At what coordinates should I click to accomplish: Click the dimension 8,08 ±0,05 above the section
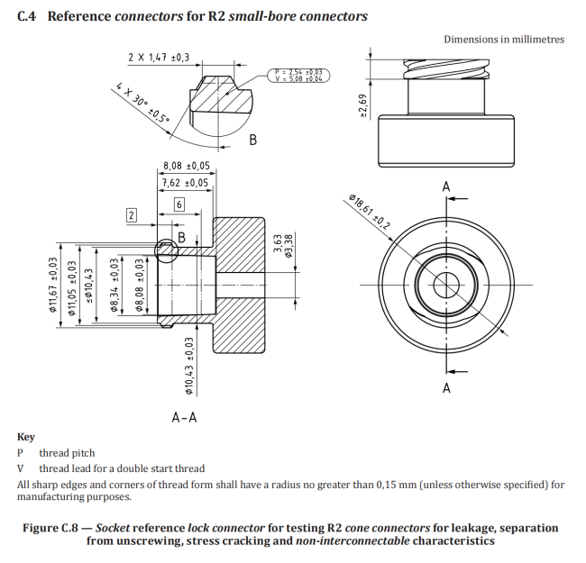(x=186, y=166)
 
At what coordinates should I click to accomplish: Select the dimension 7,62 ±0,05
(x=185, y=182)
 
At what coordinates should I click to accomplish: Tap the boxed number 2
(x=131, y=215)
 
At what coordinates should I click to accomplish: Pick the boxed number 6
(x=179, y=205)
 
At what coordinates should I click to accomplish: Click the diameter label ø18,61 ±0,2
(x=368, y=213)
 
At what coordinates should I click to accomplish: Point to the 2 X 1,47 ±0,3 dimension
(x=159, y=58)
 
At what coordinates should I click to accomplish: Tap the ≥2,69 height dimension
(x=362, y=104)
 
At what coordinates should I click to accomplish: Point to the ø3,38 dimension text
(x=288, y=247)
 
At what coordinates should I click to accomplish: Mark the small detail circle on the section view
(x=166, y=250)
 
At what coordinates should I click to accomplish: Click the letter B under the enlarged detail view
(x=253, y=140)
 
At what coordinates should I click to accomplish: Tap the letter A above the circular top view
(x=446, y=186)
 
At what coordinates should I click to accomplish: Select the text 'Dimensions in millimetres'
(x=504, y=40)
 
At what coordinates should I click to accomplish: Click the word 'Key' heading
(x=26, y=437)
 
